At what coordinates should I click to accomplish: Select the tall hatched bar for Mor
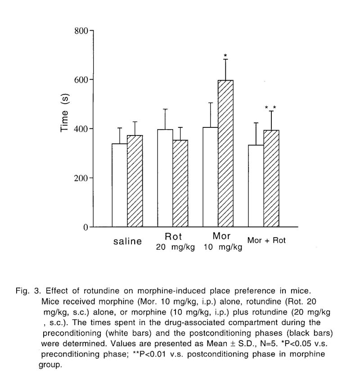click(x=225, y=154)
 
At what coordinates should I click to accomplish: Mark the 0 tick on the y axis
click(x=85, y=227)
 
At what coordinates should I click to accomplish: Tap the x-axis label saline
click(x=127, y=241)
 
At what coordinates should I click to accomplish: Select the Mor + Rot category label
click(x=266, y=240)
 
